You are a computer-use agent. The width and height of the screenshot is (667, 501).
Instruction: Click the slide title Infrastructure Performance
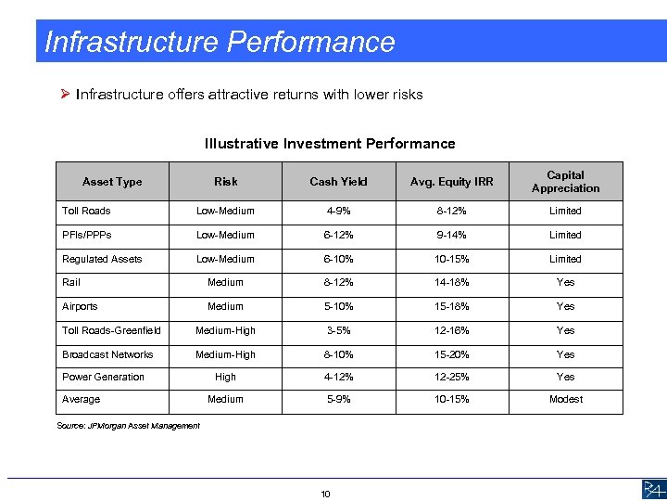[x=220, y=42]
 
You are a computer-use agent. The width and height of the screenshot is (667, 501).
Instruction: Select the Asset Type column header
[x=112, y=182]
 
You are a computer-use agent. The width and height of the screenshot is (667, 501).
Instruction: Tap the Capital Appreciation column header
[x=565, y=182]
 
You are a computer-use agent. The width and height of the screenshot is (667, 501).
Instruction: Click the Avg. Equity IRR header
[x=453, y=182]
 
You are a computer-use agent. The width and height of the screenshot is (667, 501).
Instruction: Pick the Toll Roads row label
[x=86, y=212]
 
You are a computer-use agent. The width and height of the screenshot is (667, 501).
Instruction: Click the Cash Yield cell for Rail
[x=339, y=282]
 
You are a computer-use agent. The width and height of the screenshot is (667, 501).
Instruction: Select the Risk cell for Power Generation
[x=225, y=377]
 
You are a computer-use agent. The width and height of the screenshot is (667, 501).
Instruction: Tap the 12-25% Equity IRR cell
[x=453, y=377]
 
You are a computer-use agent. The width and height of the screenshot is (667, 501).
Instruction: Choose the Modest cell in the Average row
[x=565, y=399]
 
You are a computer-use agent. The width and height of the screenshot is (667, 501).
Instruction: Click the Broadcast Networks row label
[x=107, y=354]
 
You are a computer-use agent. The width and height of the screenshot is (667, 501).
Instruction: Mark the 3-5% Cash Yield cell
[x=339, y=330]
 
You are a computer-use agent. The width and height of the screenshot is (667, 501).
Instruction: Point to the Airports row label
[x=80, y=306]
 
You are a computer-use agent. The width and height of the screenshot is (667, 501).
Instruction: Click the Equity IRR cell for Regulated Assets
[x=453, y=259]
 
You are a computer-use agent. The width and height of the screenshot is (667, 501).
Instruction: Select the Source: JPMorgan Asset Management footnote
[x=128, y=426]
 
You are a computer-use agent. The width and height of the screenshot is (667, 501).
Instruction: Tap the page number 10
[x=325, y=494]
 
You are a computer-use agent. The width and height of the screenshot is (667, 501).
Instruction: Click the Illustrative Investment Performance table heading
[x=330, y=144]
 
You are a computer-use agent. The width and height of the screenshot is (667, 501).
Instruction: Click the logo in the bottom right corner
[x=651, y=489]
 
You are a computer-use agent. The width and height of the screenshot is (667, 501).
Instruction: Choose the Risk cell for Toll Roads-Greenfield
[x=225, y=330]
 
